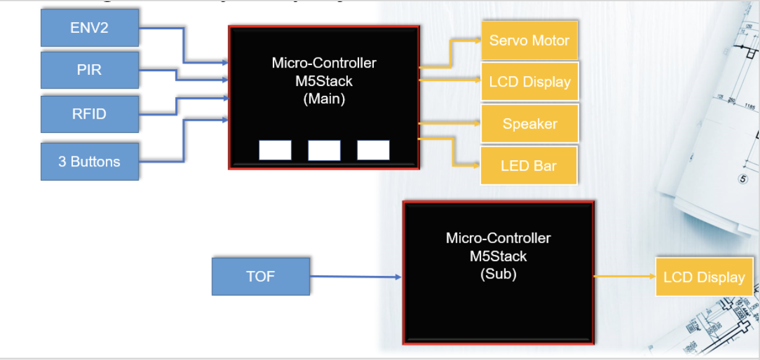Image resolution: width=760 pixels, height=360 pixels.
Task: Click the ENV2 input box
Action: [89, 28]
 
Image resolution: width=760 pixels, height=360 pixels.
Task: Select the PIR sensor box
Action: [89, 70]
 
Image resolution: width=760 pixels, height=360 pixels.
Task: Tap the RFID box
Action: [89, 114]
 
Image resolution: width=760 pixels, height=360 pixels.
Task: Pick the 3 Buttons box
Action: [89, 161]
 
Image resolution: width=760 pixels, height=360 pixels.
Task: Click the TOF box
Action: [261, 276]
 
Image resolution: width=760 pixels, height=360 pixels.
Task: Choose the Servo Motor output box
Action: [529, 40]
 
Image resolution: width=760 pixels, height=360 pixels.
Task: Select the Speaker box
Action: [529, 124]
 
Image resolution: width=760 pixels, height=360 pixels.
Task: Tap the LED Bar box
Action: [529, 165]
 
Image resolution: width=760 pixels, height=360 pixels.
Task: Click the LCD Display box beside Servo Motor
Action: [530, 81]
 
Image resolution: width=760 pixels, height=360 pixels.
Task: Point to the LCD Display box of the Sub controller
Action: [704, 276]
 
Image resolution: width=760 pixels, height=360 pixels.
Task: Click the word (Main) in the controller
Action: [324, 98]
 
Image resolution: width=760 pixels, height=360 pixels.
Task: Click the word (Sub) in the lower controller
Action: [498, 273]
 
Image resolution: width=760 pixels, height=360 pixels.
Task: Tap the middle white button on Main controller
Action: [324, 150]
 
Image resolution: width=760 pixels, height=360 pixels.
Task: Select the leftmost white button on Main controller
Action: [275, 150]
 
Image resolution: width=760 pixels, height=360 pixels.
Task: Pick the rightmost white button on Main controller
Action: [373, 150]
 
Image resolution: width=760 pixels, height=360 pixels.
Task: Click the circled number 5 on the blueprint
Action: [743, 179]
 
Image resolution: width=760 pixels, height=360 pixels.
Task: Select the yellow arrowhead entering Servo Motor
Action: [478, 40]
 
